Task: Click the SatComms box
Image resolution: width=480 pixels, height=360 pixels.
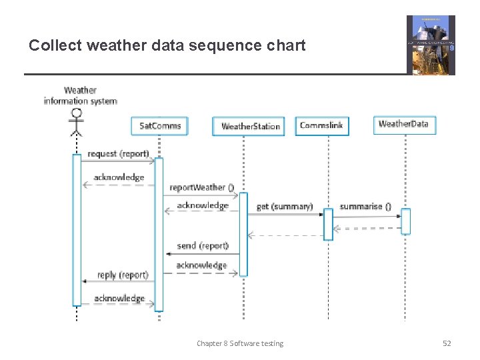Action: click(x=160, y=125)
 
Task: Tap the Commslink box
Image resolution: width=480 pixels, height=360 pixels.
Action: click(x=322, y=125)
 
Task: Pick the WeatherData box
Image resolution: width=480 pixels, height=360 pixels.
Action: click(x=403, y=124)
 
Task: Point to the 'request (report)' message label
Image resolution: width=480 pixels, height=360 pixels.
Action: click(x=118, y=153)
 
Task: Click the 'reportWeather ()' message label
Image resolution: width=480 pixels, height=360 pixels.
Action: click(x=201, y=187)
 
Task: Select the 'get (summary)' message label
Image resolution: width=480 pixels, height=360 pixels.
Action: click(x=285, y=207)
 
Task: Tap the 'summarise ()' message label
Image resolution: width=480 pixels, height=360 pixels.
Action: click(x=365, y=207)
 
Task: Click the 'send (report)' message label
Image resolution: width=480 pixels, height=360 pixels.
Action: click(x=203, y=245)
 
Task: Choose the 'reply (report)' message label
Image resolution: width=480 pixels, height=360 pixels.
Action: click(x=123, y=275)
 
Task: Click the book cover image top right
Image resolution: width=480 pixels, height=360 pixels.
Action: click(x=431, y=45)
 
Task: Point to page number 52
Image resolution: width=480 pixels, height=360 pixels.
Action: click(x=447, y=343)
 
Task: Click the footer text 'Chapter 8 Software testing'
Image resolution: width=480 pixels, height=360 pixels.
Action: click(x=240, y=343)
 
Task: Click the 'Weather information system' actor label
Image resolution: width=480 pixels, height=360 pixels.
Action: click(x=80, y=95)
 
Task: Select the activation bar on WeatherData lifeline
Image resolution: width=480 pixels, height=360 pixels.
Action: click(x=405, y=221)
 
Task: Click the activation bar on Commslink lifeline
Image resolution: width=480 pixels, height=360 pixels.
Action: click(x=328, y=224)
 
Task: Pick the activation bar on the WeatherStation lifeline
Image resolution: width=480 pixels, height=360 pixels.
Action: click(x=243, y=234)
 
